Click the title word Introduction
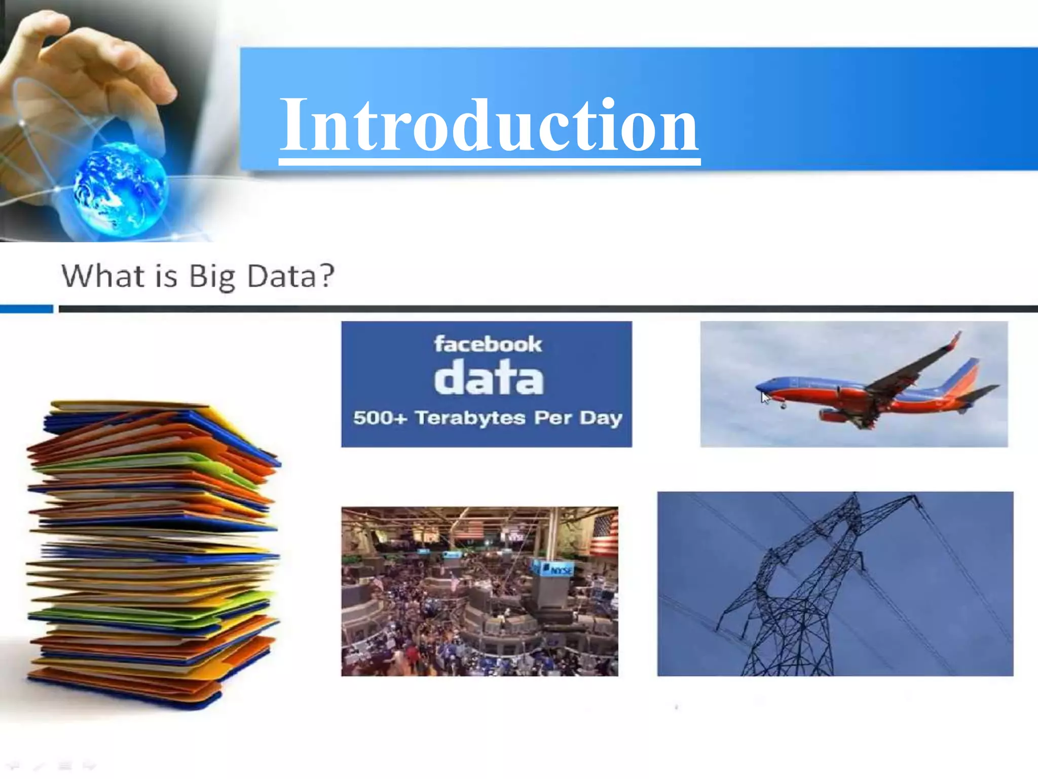click(x=489, y=126)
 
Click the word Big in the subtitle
click(x=212, y=277)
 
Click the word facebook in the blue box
click(x=488, y=344)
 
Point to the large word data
click(x=489, y=378)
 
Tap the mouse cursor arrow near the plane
click(x=765, y=398)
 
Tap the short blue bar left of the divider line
click(x=26, y=309)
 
